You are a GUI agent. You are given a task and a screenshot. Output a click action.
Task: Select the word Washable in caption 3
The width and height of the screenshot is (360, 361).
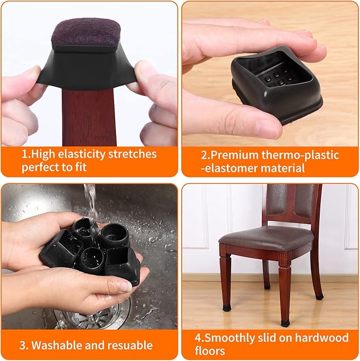pyautogui.click(x=55, y=345)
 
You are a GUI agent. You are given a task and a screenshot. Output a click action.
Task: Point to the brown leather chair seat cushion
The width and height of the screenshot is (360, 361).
pyautogui.click(x=266, y=237)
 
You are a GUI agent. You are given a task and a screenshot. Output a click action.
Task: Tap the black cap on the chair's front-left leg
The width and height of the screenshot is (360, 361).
pyautogui.click(x=226, y=307)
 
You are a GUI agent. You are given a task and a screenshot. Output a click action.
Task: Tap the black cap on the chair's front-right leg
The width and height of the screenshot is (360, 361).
pyautogui.click(x=285, y=323)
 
